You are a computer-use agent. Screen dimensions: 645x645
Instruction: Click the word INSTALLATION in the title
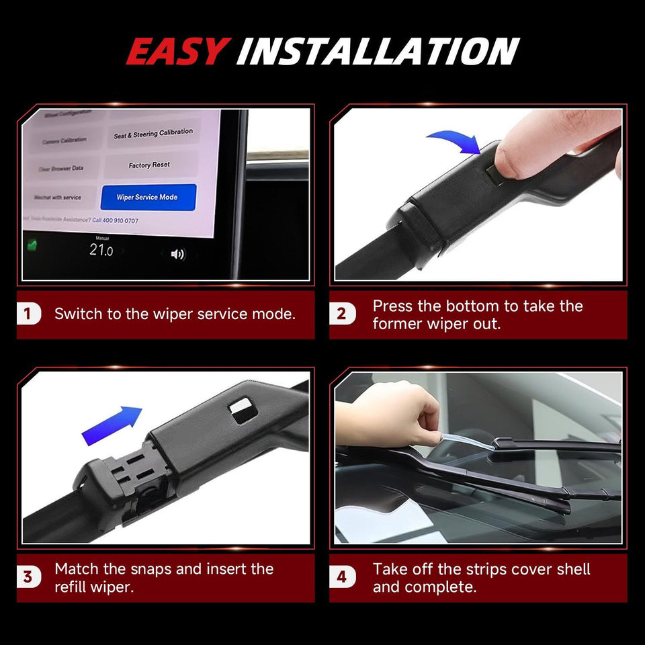378,52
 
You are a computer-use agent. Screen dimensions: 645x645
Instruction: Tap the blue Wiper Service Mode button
148,198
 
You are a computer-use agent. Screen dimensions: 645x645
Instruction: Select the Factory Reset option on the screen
149,165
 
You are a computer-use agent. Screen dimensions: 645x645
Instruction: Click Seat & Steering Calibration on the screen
153,134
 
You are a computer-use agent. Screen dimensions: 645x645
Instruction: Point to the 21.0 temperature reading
101,251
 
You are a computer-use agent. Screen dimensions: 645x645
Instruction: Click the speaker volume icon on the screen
177,254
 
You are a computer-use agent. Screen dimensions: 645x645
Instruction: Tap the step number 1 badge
28,314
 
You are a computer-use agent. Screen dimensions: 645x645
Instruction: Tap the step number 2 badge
342,314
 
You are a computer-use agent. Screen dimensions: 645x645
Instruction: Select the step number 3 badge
28,577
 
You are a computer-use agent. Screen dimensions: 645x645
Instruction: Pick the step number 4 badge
342,577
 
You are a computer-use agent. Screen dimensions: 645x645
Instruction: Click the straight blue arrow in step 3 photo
112,426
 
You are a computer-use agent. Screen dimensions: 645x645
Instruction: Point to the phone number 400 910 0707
115,220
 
